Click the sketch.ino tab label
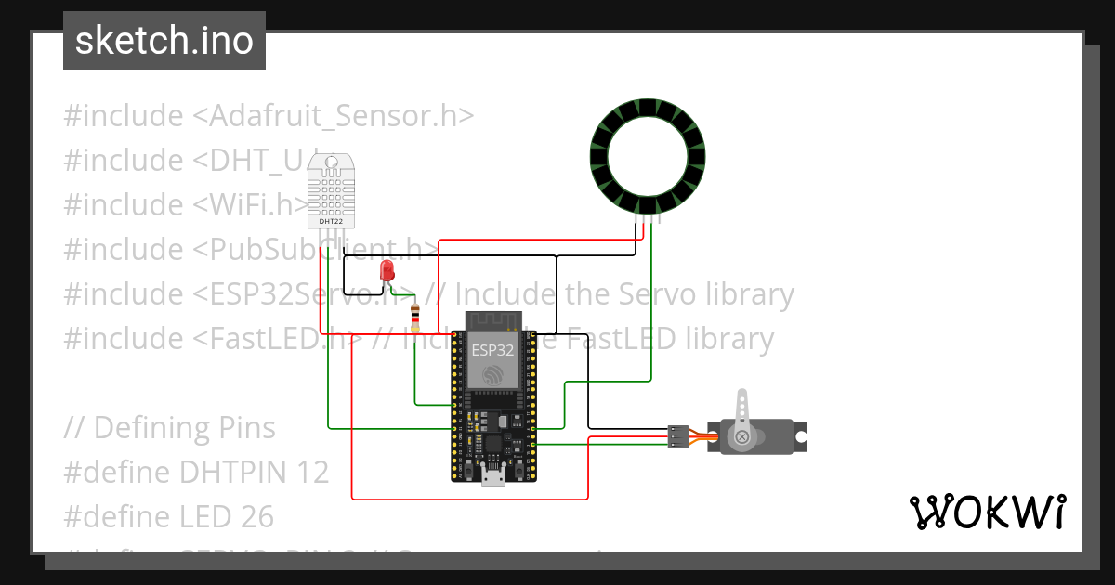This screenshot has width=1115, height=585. (x=164, y=41)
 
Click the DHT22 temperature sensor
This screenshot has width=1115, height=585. (x=330, y=190)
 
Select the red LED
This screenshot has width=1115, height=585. (x=387, y=270)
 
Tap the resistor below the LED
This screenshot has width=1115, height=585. (x=414, y=318)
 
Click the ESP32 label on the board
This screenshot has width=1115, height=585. (x=492, y=351)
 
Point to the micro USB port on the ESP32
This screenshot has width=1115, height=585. (x=492, y=477)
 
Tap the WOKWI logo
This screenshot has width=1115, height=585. (x=986, y=513)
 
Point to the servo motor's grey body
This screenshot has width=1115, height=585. (x=762, y=436)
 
